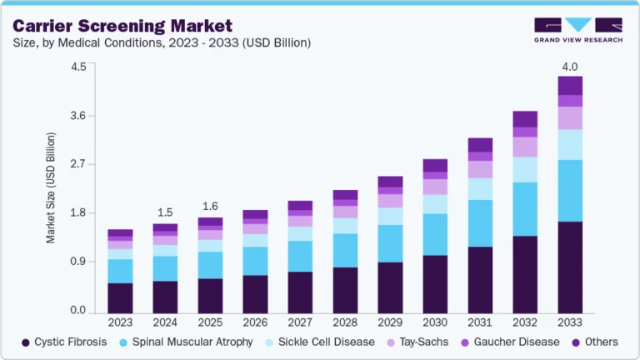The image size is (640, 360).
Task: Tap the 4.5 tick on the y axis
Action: (x=77, y=67)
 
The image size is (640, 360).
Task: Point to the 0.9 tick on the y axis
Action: (x=77, y=262)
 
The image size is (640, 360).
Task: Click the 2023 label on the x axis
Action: (x=120, y=322)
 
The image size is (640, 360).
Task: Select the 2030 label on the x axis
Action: (x=435, y=322)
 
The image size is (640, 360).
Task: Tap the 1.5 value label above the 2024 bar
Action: (x=165, y=212)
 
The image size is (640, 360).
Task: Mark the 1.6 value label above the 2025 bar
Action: (x=210, y=206)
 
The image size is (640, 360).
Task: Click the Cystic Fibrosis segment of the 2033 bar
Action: (x=570, y=267)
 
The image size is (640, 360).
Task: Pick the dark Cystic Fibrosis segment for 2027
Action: (x=300, y=292)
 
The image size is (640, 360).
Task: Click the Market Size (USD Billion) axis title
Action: (x=51, y=187)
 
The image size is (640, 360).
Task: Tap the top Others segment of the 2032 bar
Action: (x=525, y=118)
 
